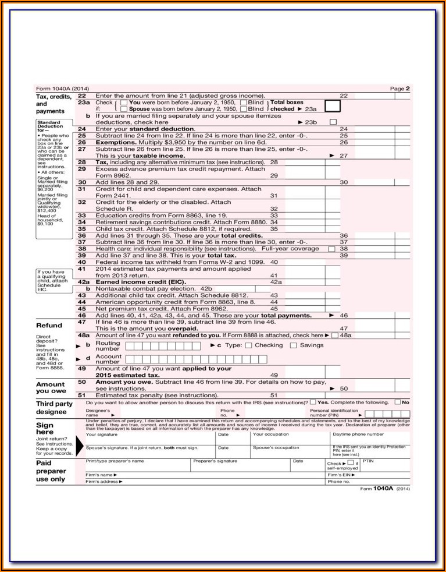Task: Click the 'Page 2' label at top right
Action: click(x=400, y=89)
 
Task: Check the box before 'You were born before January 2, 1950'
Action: click(x=124, y=103)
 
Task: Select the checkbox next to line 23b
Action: click(x=333, y=122)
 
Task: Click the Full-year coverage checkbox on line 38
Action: click(x=332, y=249)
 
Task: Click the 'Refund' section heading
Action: click(x=49, y=325)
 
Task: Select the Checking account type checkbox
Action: click(x=249, y=345)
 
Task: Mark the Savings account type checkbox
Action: click(x=294, y=345)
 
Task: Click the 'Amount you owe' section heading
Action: click(x=51, y=387)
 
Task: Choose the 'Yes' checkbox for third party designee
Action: click(x=313, y=402)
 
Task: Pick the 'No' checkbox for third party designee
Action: click(x=398, y=402)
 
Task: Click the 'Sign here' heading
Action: click(x=45, y=429)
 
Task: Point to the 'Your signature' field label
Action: click(x=101, y=434)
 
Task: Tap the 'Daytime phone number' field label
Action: click(x=358, y=434)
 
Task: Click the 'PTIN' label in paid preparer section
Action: click(x=368, y=461)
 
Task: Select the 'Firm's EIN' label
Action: click(x=339, y=475)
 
